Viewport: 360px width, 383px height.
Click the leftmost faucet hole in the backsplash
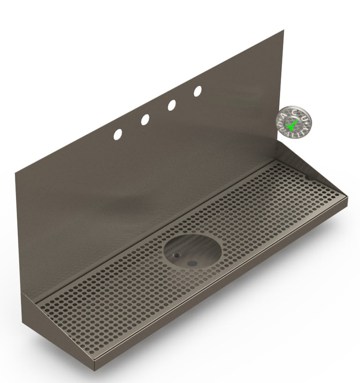[117, 134]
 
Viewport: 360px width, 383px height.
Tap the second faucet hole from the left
[145, 120]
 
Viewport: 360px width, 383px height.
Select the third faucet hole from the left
[172, 105]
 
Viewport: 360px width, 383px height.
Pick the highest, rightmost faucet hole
[198, 91]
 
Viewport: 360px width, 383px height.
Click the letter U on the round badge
[304, 118]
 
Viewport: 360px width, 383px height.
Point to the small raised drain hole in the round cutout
[177, 255]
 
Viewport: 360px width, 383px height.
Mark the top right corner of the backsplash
[283, 31]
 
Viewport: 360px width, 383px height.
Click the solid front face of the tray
[220, 291]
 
